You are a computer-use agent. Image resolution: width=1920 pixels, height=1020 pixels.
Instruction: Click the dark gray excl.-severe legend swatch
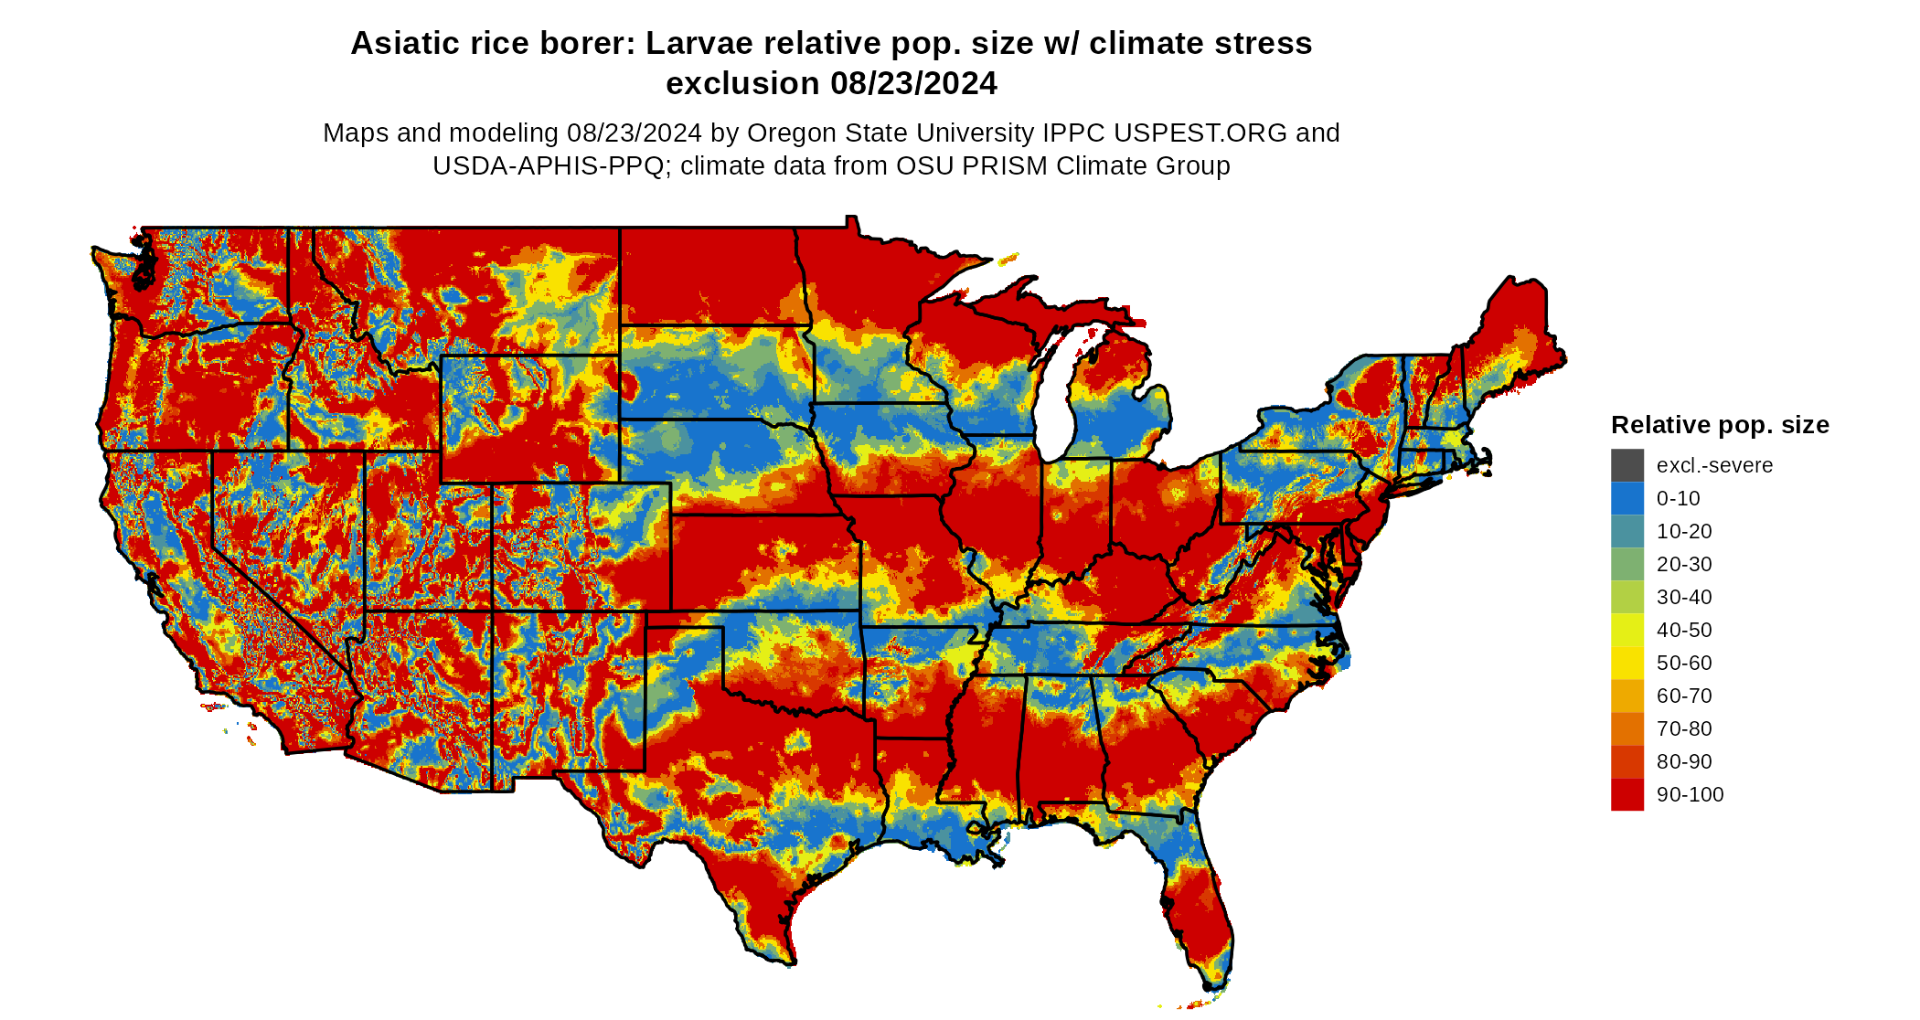pyautogui.click(x=1627, y=465)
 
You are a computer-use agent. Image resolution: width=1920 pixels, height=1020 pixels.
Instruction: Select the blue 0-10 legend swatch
pyautogui.click(x=1627, y=498)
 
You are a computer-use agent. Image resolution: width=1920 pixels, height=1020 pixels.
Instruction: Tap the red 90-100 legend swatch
pyautogui.click(x=1627, y=794)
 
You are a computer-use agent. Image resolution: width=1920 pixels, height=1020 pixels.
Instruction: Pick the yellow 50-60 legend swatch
pyautogui.click(x=1627, y=663)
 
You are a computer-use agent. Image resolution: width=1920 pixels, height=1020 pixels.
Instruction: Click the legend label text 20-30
pyautogui.click(x=1684, y=564)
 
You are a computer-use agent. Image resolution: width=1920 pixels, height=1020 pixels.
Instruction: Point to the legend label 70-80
pyautogui.click(x=1684, y=728)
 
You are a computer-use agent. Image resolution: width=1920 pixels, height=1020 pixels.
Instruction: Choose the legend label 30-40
pyautogui.click(x=1684, y=597)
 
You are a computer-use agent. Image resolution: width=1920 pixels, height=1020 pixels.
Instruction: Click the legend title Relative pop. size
pyautogui.click(x=1720, y=425)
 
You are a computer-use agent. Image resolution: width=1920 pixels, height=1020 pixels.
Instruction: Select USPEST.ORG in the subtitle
pyautogui.click(x=1200, y=133)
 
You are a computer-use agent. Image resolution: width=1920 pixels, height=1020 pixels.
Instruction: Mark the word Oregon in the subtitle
pyautogui.click(x=795, y=133)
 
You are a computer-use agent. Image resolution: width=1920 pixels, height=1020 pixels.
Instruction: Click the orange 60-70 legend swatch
pyautogui.click(x=1627, y=696)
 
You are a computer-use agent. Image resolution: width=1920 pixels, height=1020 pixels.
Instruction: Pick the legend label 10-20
pyautogui.click(x=1684, y=531)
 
